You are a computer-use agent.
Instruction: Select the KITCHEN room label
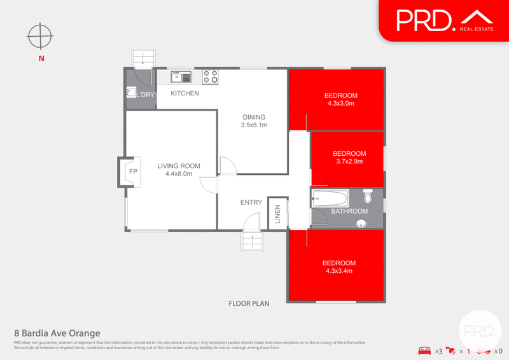(x=185, y=93)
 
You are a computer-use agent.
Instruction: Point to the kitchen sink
(x=181, y=78)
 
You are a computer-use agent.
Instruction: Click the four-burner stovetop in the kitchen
(x=211, y=77)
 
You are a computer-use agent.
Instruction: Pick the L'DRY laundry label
(x=146, y=95)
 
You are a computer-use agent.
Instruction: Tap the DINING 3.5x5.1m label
(x=254, y=121)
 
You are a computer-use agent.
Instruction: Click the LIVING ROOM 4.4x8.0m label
(x=179, y=170)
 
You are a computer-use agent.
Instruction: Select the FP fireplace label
(x=134, y=172)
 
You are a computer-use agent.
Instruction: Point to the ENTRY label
(x=251, y=202)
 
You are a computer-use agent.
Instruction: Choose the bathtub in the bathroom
(x=330, y=198)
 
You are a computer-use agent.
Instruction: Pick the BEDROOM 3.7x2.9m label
(x=349, y=158)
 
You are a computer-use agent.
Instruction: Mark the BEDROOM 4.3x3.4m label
(x=338, y=267)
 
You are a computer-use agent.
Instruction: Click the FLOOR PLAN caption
(x=249, y=303)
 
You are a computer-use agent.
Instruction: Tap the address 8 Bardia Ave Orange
(x=57, y=333)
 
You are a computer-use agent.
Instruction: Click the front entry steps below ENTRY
(x=253, y=242)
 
